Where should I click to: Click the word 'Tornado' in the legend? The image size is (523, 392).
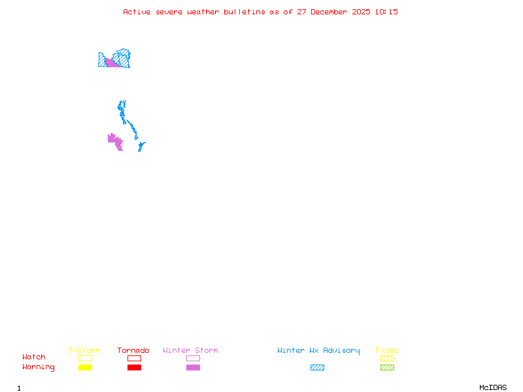click(133, 351)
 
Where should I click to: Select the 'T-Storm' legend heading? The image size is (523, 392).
click(84, 351)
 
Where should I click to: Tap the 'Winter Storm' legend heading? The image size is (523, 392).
click(190, 351)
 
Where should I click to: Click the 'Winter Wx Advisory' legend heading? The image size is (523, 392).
click(318, 351)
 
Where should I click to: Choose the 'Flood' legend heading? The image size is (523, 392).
click(387, 351)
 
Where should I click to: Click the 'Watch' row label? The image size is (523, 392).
click(34, 357)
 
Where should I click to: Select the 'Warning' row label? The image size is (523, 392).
click(39, 367)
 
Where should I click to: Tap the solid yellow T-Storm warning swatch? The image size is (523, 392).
click(85, 368)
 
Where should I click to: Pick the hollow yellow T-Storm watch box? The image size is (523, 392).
click(85, 358)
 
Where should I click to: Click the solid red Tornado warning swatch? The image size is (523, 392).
click(134, 368)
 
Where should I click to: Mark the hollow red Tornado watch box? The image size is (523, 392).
click(134, 358)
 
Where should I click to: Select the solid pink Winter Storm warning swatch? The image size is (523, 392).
click(193, 368)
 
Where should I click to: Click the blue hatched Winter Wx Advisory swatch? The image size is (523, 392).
click(317, 368)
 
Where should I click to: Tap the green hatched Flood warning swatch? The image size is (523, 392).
click(387, 368)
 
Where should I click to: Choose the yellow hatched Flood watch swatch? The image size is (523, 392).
click(387, 358)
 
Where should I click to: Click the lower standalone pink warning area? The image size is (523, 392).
click(115, 140)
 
